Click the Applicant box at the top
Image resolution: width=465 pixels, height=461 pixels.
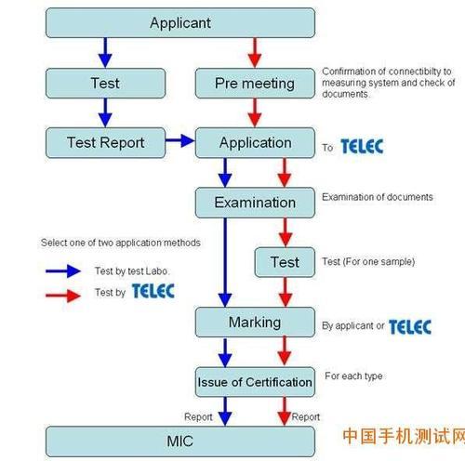[180, 23]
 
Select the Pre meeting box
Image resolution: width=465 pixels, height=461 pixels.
[254, 83]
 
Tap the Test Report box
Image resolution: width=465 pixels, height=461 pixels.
[105, 142]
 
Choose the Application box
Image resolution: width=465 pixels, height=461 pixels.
[255, 142]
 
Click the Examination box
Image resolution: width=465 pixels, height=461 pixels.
[255, 202]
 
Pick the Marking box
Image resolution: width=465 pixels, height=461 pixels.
[255, 323]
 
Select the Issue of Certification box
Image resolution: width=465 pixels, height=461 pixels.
[254, 381]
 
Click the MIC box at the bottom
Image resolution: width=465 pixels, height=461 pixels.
[180, 441]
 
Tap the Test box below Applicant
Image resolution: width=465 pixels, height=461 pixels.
[105, 83]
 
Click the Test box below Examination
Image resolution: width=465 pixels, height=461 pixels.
[285, 262]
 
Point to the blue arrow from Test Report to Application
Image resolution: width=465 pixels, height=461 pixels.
[179, 142]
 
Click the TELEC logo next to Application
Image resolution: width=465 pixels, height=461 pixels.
[361, 146]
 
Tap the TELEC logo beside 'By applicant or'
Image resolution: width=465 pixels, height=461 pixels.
[409, 326]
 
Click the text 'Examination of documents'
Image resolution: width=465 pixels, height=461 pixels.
[377, 197]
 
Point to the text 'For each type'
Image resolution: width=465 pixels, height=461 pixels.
[352, 376]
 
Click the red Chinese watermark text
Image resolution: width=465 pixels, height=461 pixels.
[403, 437]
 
